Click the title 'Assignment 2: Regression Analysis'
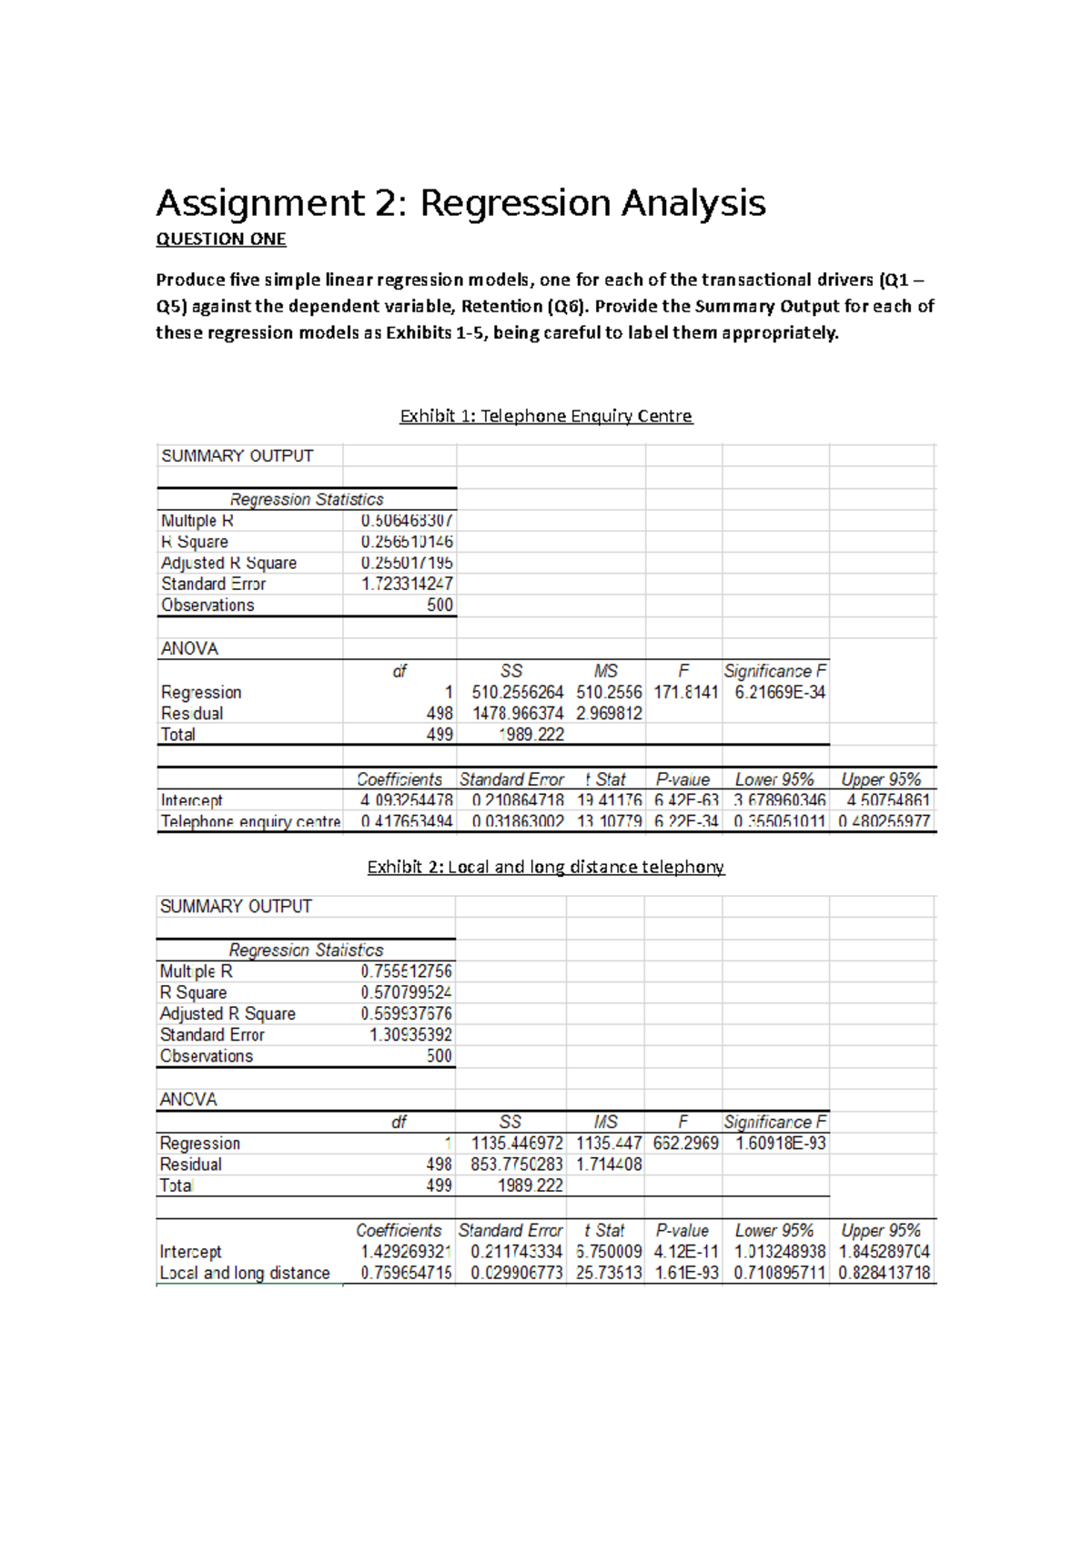point(460,203)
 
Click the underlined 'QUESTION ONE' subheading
point(221,239)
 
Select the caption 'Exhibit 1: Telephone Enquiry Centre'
point(546,416)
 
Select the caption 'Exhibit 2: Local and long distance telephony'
point(546,867)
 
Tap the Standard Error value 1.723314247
point(407,584)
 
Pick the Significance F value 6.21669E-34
point(780,692)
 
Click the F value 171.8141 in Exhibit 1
point(685,692)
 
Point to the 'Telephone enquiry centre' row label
point(250,821)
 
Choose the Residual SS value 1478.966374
point(518,713)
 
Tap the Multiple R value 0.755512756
point(406,971)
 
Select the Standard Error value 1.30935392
point(410,1034)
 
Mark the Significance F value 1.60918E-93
point(780,1143)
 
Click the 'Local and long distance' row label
point(245,1273)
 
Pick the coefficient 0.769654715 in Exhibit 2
point(406,1273)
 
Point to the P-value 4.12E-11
point(685,1252)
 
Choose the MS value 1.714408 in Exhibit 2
point(609,1164)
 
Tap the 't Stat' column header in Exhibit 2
point(604,1231)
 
